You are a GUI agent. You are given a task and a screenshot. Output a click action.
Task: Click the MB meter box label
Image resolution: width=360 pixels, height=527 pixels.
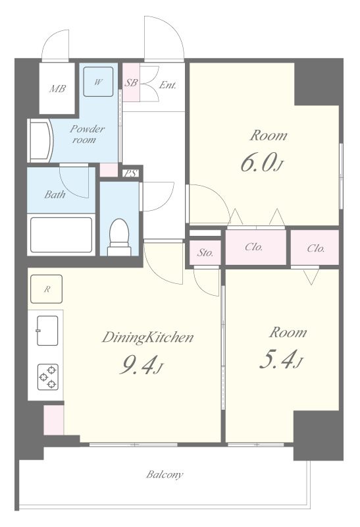pos(57,89)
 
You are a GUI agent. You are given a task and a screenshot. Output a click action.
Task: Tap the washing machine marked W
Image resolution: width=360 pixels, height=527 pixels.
pos(98,82)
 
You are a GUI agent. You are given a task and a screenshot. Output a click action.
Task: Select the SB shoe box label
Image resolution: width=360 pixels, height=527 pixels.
pos(130,82)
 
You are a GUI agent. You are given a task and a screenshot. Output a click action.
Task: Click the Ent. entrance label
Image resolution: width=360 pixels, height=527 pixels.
pos(167,85)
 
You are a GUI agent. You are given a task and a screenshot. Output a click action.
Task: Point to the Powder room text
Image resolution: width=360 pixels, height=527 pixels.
pos(87,134)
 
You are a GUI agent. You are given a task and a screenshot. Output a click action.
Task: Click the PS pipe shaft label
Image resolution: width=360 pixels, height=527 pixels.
pos(131,173)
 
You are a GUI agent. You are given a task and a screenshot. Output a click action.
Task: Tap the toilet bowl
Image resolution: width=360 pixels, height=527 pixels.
pos(119,237)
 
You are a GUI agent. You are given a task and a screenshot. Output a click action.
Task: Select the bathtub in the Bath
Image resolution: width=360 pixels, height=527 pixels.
pos(61,235)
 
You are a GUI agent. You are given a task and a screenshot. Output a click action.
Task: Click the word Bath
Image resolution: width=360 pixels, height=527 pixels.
pos(55,194)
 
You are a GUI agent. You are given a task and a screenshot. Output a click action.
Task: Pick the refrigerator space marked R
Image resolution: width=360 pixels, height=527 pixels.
pos(46,289)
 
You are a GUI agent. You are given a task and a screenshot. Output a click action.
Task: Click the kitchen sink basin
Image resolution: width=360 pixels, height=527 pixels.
pos(47,331)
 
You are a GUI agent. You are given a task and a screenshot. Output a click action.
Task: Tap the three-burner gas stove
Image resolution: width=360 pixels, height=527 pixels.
pos(47,377)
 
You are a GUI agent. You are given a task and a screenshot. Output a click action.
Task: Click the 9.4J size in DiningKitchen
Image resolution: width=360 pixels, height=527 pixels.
pos(141,366)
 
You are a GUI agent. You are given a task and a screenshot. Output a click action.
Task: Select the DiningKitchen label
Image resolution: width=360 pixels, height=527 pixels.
pos(148,337)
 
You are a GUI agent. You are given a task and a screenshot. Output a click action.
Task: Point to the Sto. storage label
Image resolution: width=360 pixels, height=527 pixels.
pos(205,253)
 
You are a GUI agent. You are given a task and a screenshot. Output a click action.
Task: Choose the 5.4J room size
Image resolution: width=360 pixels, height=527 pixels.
pos(282,360)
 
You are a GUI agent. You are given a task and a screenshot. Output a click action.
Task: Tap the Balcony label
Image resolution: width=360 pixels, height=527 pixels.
pos(165,474)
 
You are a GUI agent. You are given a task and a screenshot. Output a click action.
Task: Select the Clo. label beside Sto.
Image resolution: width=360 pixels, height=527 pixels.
pos(253,247)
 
